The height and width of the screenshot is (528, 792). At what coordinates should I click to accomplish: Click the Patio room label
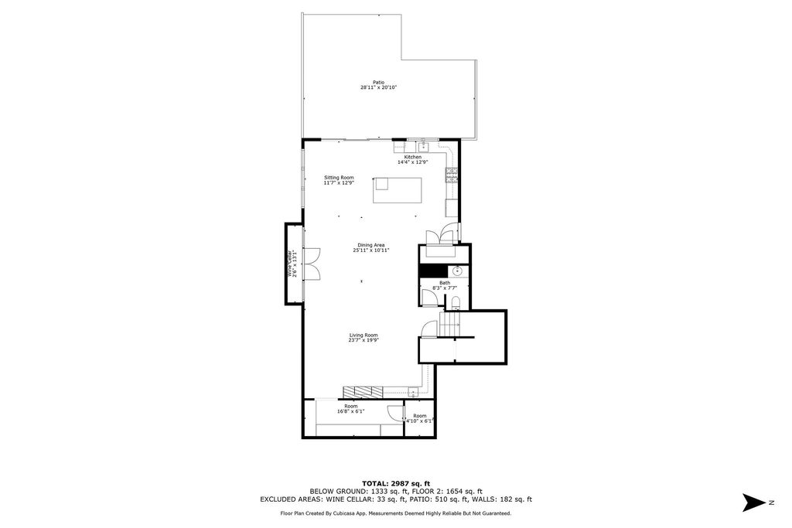point(378,82)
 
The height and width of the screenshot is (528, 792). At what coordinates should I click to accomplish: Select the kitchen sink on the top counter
point(423,146)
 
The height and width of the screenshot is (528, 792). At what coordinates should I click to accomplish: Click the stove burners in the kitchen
point(450,175)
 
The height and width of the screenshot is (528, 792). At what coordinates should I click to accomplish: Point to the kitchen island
point(398,189)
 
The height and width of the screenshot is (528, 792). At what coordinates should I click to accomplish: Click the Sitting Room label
point(339,178)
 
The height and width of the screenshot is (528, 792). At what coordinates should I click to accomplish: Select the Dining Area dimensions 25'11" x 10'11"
point(371,250)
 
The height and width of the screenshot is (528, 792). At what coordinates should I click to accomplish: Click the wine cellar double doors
point(312,263)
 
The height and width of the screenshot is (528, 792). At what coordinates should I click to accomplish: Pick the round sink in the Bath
point(457,271)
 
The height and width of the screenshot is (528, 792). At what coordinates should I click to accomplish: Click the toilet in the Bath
point(456,302)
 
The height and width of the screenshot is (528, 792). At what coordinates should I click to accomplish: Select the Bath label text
point(445,283)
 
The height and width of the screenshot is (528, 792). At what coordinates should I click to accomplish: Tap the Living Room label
point(363,335)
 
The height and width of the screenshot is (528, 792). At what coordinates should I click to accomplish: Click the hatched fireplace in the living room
point(364,390)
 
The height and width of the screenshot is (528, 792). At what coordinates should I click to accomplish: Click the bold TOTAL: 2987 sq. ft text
point(395,482)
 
